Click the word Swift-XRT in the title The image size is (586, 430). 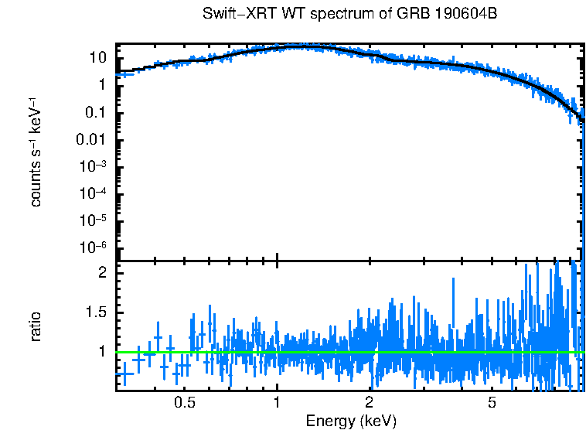coord(234,14)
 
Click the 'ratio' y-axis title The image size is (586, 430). coord(36,327)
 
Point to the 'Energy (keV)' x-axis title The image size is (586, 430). coord(351,421)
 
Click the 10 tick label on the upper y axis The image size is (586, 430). coord(97,58)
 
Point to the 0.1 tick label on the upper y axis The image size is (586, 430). coord(95,113)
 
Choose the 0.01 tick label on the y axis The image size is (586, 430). coord(91,140)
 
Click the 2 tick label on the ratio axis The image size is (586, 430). coord(101,273)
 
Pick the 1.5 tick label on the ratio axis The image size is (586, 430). coord(96,312)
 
